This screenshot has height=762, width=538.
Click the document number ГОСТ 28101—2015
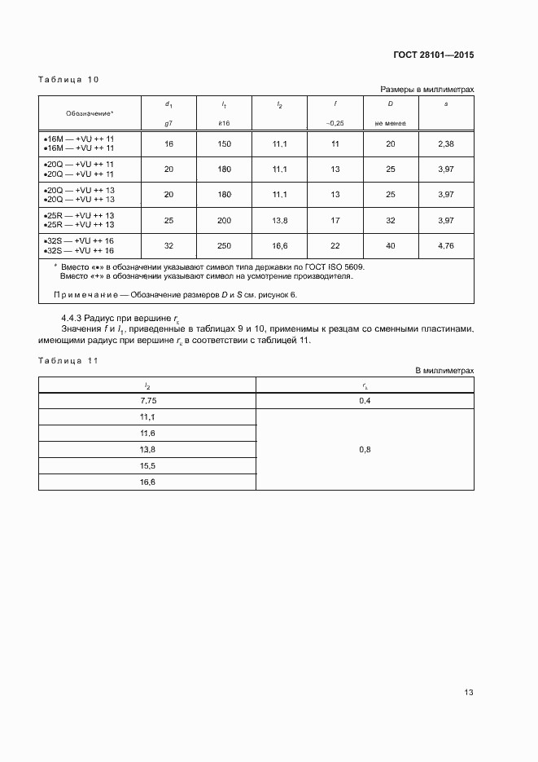pyautogui.click(x=432, y=55)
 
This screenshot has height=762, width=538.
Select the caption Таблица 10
pyautogui.click(x=68, y=79)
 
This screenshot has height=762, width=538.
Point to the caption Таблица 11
pyautogui.click(x=68, y=360)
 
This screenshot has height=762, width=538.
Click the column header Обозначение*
pyautogui.click(x=90, y=112)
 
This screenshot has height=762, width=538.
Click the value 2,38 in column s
pyautogui.click(x=445, y=144)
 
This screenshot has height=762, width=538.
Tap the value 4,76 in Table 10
pyautogui.click(x=445, y=245)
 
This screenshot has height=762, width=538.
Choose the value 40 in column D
pyautogui.click(x=390, y=245)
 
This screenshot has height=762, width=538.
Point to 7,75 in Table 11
pyautogui.click(x=147, y=401)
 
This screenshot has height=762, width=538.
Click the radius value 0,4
pyautogui.click(x=365, y=401)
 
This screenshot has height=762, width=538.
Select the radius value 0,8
pyautogui.click(x=365, y=449)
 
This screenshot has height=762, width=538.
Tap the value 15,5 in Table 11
pyautogui.click(x=147, y=465)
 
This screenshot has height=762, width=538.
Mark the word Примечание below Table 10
pyautogui.click(x=84, y=294)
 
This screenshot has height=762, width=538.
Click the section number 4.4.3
pyautogui.click(x=73, y=316)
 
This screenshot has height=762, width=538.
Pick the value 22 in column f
pyautogui.click(x=335, y=245)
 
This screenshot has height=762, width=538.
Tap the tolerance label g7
pyautogui.click(x=168, y=123)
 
